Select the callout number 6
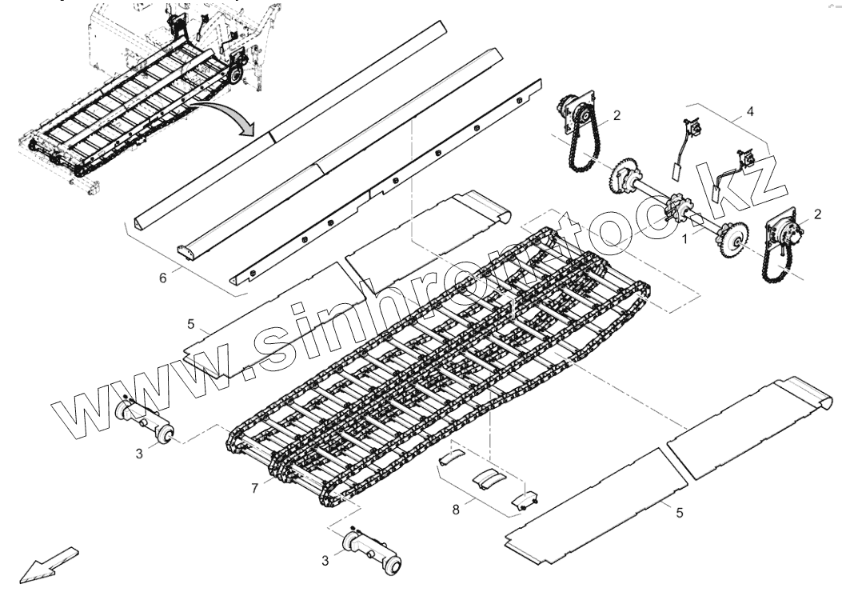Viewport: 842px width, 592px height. coord(163,278)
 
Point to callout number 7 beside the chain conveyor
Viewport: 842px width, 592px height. coord(255,486)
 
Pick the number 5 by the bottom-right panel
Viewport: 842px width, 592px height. coord(679,513)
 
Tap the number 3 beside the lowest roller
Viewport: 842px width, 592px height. coord(325,561)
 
